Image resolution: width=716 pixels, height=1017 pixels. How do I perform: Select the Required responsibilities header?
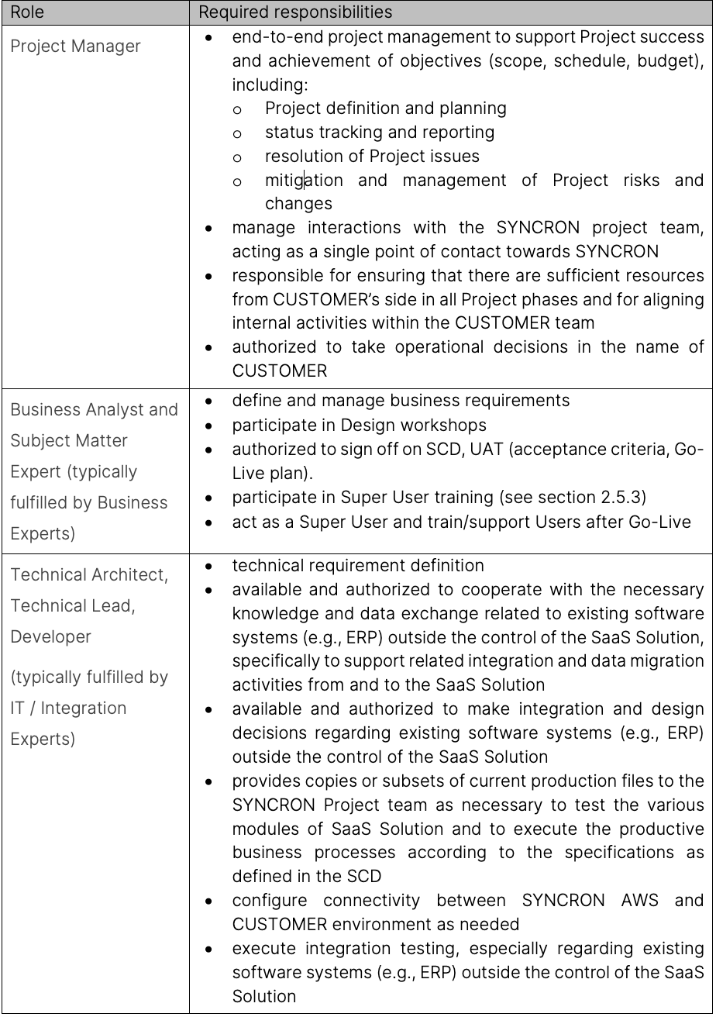tap(295, 12)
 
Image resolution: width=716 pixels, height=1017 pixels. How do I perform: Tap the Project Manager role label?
tap(75, 46)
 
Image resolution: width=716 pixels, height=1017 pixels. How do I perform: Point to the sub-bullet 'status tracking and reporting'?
tap(379, 132)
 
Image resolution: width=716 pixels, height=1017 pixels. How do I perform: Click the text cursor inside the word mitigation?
tap(305, 180)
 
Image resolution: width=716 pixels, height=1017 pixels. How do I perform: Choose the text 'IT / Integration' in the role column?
tap(68, 708)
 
